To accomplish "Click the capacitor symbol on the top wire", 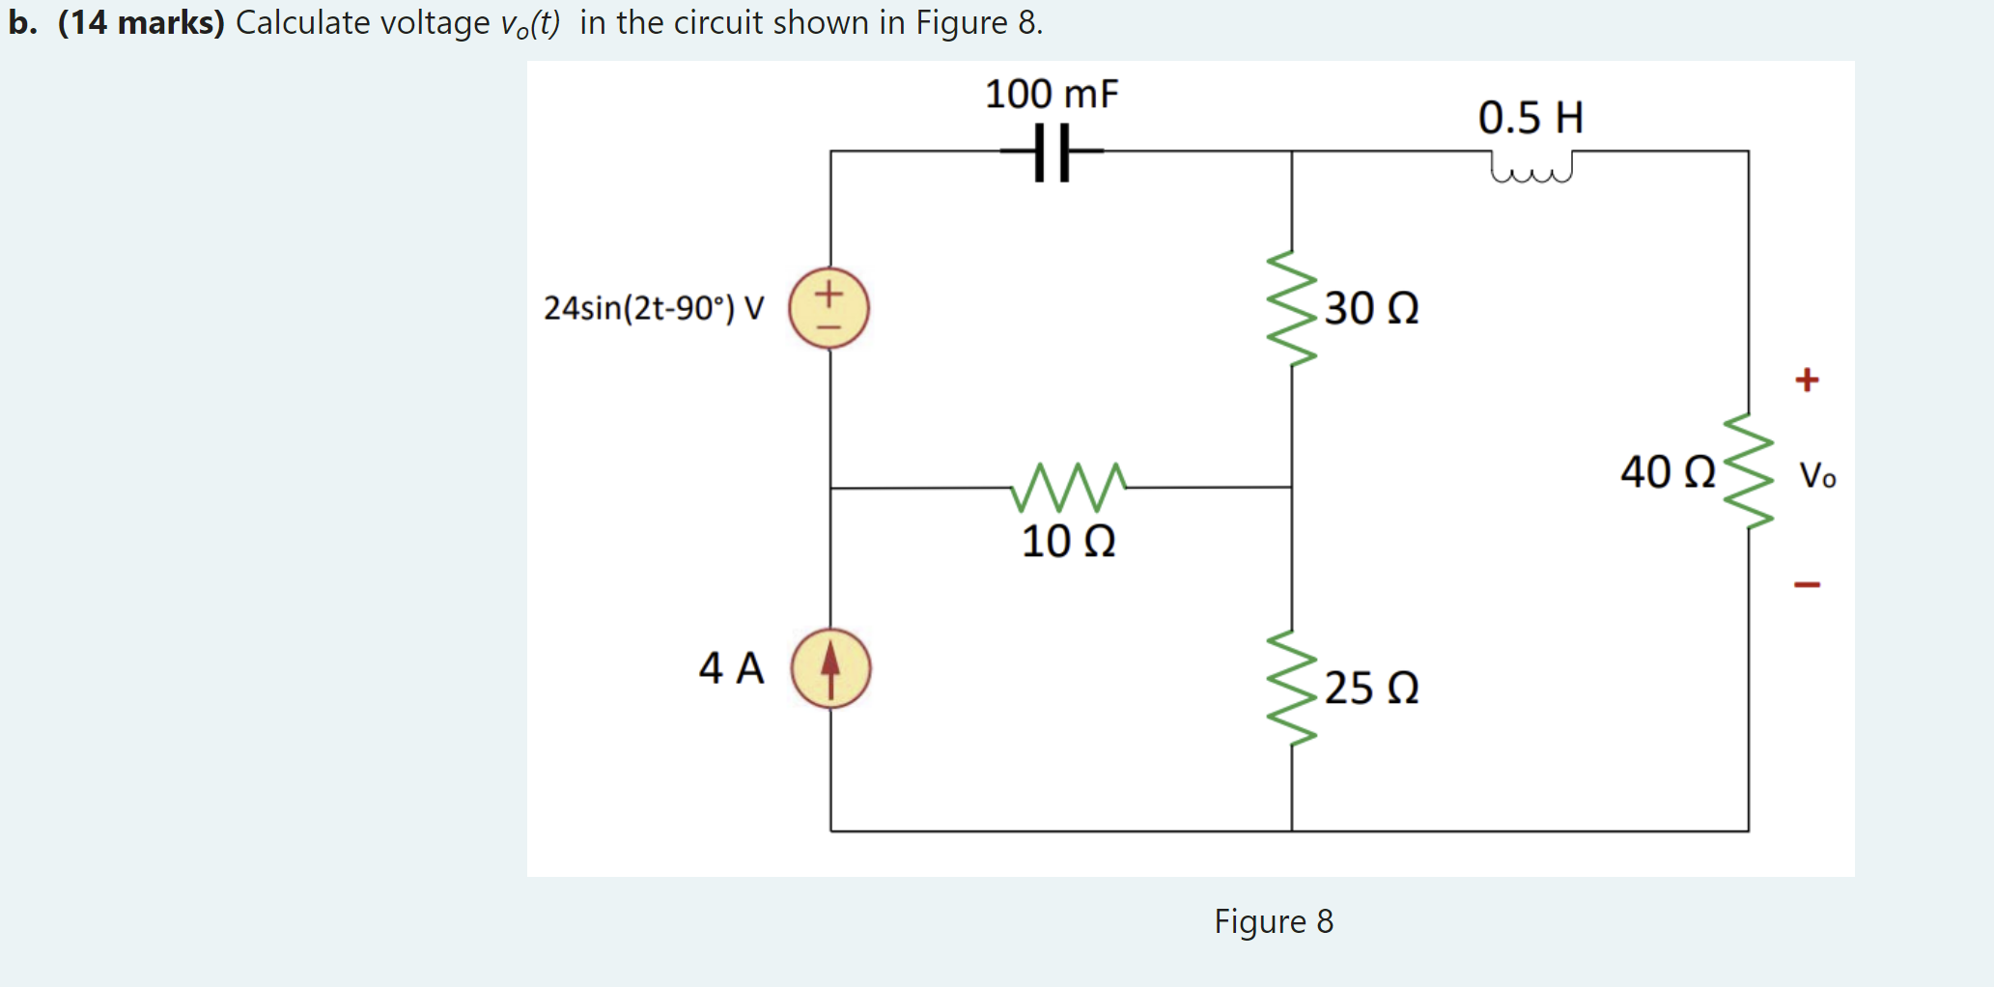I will (1051, 152).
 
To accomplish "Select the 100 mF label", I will (1051, 95).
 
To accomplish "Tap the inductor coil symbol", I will (1531, 167).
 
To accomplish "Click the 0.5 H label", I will (1531, 118).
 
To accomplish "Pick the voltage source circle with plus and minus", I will (828, 308).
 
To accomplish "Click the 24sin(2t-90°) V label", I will (654, 308).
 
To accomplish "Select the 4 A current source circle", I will (830, 668).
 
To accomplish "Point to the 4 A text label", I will (731, 668).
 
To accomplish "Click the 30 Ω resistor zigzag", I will (1292, 309).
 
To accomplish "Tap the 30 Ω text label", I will (1371, 309).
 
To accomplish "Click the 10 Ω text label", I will (1068, 541).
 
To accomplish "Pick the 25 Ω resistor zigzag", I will (1292, 688).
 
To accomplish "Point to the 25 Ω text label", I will (1371, 689).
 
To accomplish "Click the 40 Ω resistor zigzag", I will (1749, 471).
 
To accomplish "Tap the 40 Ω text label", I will (1668, 472).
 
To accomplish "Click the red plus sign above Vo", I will (1807, 380).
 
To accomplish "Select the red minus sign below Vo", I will (1807, 584).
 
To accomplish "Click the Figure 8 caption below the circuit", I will (1273, 921).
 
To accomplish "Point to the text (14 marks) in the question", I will (141, 22).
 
